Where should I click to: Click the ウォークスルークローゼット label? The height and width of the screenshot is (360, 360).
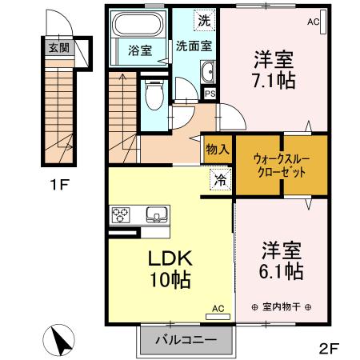276,166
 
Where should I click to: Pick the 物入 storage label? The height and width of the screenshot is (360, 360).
217,149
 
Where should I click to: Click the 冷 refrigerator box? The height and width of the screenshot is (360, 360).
218,180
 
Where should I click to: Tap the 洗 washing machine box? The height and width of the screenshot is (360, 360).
206,20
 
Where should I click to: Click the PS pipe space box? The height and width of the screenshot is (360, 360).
210,94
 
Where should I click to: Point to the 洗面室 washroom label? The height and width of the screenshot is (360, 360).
194,46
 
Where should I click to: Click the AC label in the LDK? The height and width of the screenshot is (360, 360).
218,308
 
